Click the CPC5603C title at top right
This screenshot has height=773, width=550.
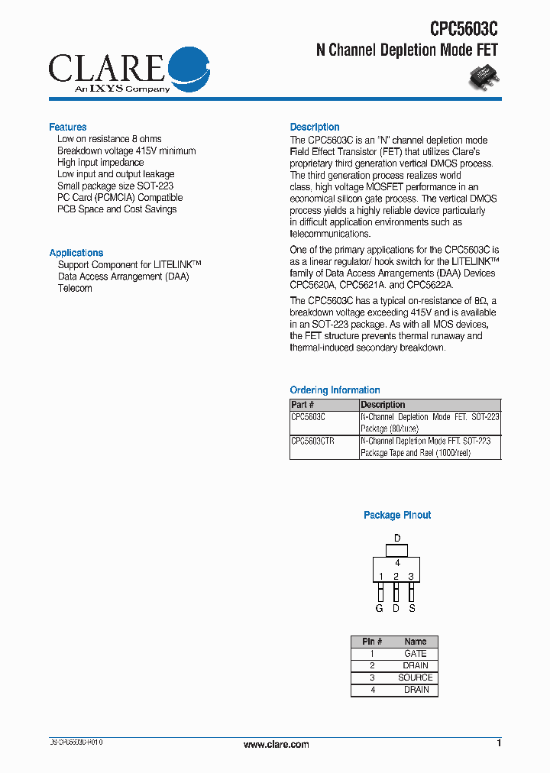[x=463, y=29]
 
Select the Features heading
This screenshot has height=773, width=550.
[x=68, y=127]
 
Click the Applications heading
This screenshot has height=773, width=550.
[x=76, y=253]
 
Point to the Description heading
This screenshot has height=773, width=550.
[x=315, y=127]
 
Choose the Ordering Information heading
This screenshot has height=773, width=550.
[x=335, y=390]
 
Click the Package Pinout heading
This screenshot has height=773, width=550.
[x=397, y=516]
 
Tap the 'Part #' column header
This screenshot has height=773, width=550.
[x=303, y=405]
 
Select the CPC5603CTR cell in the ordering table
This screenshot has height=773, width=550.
[x=313, y=441]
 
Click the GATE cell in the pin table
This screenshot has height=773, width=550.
[x=416, y=654]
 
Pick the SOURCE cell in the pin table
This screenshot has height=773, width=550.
[x=416, y=678]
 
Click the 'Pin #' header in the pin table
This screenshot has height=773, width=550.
[x=372, y=642]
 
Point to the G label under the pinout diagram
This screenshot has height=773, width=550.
[x=379, y=609]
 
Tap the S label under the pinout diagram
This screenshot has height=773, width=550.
[x=412, y=609]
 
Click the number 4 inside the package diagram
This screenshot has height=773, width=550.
[x=397, y=563]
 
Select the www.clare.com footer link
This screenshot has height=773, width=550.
[x=276, y=745]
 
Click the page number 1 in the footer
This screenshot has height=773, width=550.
[x=499, y=743]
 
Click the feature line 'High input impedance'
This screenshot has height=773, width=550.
[x=100, y=163]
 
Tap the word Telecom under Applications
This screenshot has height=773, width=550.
[x=75, y=289]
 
